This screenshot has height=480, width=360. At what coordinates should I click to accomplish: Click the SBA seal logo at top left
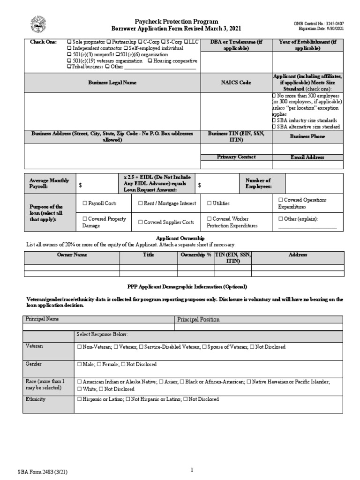[x=37, y=23]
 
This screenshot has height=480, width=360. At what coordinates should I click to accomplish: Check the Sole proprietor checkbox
[x=69, y=42]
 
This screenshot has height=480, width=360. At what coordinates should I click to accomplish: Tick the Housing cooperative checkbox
[x=150, y=61]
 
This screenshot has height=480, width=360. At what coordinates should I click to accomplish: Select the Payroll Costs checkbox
[x=85, y=203]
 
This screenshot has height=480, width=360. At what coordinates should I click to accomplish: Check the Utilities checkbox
[x=209, y=203]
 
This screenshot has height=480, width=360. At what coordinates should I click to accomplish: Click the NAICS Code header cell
[x=236, y=82]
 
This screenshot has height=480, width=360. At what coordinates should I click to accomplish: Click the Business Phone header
[x=307, y=136]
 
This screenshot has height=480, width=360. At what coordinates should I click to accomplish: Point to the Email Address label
[x=307, y=157]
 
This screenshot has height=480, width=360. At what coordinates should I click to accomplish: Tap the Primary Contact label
[x=236, y=157]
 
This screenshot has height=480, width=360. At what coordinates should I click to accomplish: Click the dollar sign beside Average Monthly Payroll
[x=80, y=186]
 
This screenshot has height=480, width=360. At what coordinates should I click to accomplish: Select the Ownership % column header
[x=196, y=255]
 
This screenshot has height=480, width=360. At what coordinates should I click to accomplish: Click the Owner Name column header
[x=72, y=255]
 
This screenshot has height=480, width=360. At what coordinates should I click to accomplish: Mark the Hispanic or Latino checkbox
[x=79, y=399]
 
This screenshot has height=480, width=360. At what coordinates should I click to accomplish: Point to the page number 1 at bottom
[x=192, y=457]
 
